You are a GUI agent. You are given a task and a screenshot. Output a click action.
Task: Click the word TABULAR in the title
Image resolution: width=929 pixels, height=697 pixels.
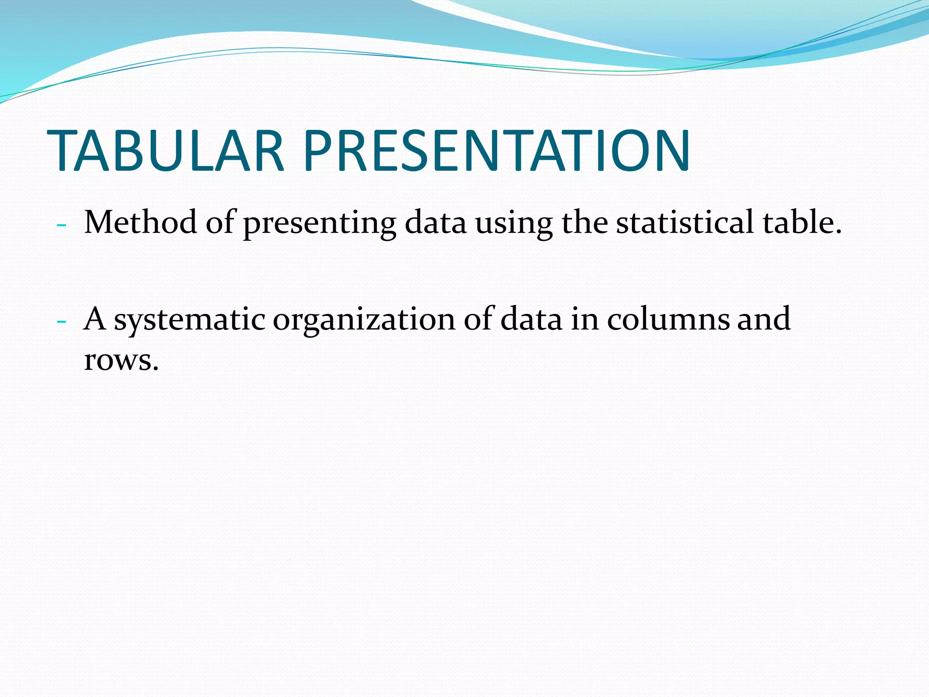(x=166, y=151)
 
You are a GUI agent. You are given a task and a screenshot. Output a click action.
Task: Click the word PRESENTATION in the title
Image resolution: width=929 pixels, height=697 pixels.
(x=497, y=151)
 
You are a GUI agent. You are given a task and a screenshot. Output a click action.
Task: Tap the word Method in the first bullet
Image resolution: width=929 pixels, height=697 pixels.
(x=140, y=222)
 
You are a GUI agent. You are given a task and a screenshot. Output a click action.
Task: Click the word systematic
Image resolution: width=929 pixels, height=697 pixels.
(x=189, y=319)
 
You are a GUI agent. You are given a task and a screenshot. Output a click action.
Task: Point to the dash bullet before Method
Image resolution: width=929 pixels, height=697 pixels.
(x=62, y=226)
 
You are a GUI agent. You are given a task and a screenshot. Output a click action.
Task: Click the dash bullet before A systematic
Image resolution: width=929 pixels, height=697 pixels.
(x=62, y=322)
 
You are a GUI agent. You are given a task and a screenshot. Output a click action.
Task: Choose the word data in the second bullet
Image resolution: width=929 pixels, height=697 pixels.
(x=531, y=319)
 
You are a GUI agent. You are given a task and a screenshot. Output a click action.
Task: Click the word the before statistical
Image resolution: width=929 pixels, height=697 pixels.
(x=585, y=222)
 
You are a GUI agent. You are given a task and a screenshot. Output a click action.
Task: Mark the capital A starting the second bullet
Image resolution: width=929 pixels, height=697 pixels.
(x=95, y=319)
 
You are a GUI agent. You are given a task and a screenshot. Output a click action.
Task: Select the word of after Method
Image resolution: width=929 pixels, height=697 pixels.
(x=220, y=222)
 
